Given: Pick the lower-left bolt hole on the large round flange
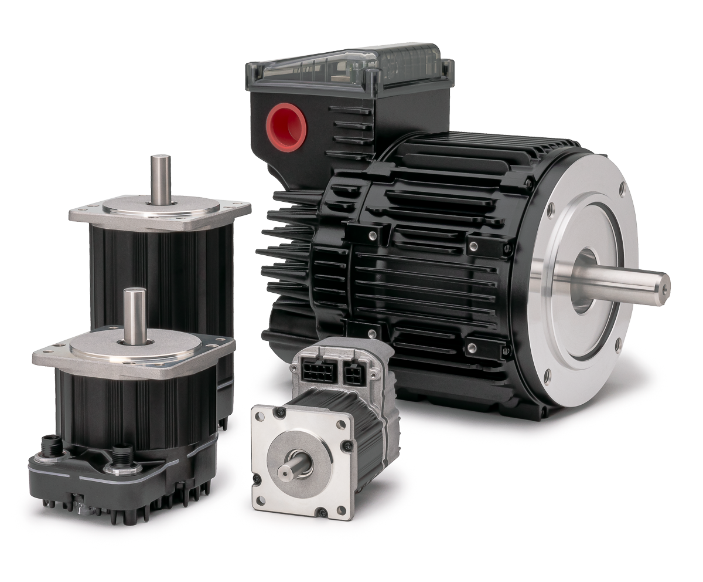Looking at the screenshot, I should point(547,376).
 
